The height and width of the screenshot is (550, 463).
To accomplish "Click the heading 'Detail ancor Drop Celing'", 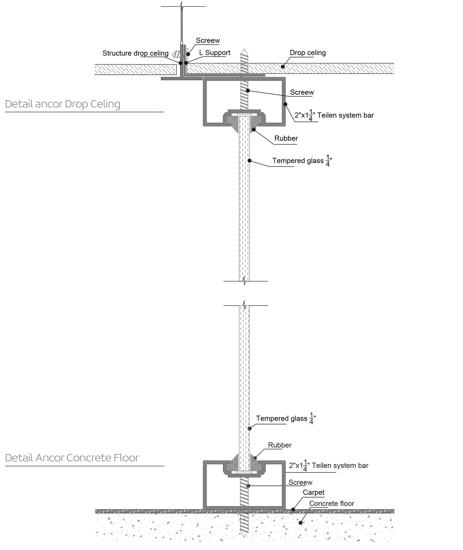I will point(63,104).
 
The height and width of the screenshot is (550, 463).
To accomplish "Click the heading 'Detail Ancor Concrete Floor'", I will point(72,458).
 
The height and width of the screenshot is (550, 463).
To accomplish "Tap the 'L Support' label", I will point(215,53).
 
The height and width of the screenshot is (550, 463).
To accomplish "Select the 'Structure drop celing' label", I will point(135,53).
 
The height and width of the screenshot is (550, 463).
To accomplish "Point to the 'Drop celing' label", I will point(307,53).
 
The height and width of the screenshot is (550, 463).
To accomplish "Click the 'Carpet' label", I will point(313,492).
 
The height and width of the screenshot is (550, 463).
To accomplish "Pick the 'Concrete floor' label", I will point(331,503).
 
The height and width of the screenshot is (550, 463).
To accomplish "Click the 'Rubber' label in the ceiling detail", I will point(286,138).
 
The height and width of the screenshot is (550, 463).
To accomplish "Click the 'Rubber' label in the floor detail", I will point(279,445).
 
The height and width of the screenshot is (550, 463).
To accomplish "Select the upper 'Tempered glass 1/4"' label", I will point(302,161).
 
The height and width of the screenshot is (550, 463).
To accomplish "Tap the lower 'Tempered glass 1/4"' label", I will point(285,419).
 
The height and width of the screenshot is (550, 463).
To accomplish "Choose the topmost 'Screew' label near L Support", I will point(208,40).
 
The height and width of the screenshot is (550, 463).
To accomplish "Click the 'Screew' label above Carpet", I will point(300,482).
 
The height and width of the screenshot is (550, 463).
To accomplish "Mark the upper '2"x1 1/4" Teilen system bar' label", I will point(334,115).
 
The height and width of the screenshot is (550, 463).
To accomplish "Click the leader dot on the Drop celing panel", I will point(283,67).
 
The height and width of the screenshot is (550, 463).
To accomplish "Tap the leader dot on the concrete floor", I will point(300,523).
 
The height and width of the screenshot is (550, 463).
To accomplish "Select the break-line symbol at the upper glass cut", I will point(244,281).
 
